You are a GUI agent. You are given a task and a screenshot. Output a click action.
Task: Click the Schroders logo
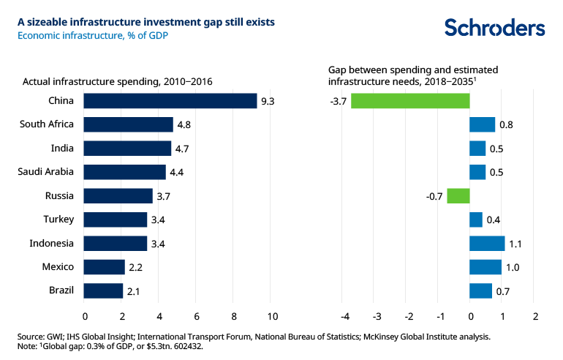click(x=495, y=28)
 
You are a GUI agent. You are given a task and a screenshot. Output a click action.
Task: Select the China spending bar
click(x=170, y=101)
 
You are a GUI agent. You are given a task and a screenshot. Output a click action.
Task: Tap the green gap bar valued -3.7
click(x=410, y=101)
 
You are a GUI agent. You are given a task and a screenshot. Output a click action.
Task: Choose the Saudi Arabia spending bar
click(x=125, y=172)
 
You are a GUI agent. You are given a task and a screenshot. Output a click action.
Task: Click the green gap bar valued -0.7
click(x=458, y=196)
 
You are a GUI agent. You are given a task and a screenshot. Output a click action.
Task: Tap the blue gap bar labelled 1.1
click(x=487, y=244)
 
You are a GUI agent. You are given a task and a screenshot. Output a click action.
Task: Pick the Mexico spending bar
click(x=105, y=267)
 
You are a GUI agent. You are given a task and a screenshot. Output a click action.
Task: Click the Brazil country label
click(x=62, y=290)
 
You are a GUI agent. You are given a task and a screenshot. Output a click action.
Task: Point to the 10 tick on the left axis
click(x=272, y=316)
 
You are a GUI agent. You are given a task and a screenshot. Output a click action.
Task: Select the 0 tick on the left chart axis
click(x=85, y=316)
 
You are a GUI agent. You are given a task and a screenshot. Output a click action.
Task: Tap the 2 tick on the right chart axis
click(x=535, y=316)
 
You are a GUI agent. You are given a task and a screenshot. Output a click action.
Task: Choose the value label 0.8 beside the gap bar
click(x=506, y=125)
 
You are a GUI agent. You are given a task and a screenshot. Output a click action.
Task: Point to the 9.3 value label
click(x=268, y=101)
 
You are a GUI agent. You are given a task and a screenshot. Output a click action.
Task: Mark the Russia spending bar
click(x=118, y=196)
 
